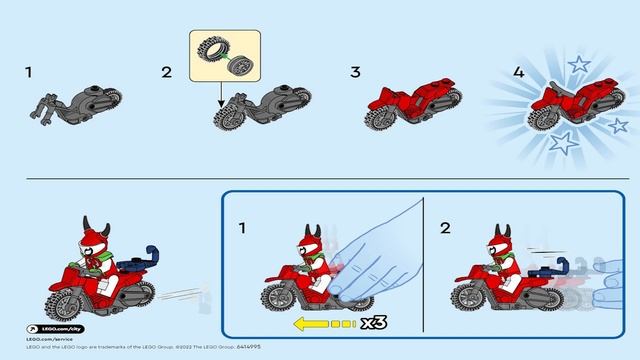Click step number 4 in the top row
tap(490, 72)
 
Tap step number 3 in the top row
tap(355, 72)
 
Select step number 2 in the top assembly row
tap(167, 72)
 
